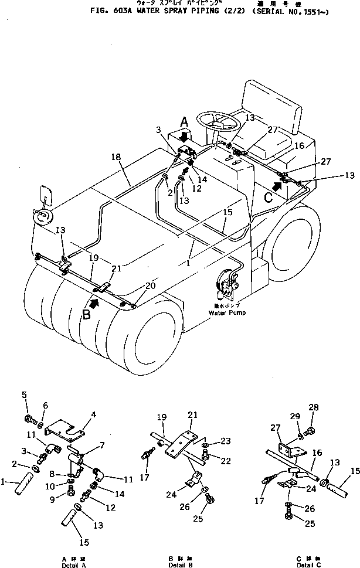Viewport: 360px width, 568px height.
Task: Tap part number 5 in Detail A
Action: [x=25, y=394]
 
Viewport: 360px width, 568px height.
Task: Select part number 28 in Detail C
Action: [x=314, y=407]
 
